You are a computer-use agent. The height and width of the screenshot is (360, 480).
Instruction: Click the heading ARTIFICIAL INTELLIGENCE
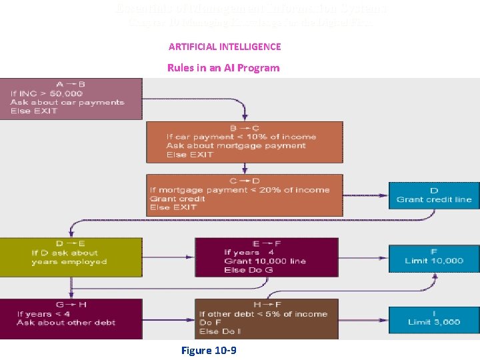coord(225,47)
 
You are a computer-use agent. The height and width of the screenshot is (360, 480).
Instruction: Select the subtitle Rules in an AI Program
coord(223,68)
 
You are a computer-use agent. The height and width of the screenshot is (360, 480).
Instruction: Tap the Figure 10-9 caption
coord(209,350)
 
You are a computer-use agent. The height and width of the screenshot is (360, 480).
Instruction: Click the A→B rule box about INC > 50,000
coord(71,98)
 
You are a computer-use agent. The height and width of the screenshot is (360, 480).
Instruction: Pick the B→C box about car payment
coord(244,141)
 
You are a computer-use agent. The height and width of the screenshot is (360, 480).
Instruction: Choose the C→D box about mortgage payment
coord(244,194)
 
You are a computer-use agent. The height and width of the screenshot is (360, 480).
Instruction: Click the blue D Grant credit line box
coord(433,195)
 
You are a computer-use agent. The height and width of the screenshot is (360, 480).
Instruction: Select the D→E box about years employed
coord(71,257)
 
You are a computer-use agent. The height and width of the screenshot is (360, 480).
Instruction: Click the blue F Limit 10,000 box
coord(433,256)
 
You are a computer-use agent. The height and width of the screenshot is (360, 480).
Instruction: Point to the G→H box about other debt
coord(71,319)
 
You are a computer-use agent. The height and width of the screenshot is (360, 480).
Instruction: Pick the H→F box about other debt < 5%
coord(271,319)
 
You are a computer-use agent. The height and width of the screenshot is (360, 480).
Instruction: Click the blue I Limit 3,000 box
coord(433,318)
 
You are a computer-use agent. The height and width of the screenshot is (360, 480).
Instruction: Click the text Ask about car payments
coord(67,102)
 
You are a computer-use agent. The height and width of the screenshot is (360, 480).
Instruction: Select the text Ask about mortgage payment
coord(236,145)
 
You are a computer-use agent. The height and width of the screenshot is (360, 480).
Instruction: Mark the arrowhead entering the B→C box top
coord(245,117)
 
